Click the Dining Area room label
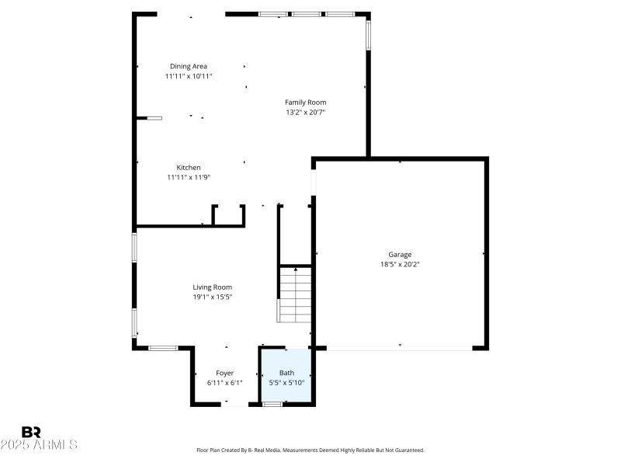189,66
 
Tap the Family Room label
305,102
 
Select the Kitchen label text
189,167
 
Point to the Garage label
400,254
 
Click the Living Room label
212,287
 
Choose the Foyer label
224,373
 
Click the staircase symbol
296,294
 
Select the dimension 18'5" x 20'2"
400,264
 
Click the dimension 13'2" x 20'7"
305,112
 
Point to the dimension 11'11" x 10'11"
189,76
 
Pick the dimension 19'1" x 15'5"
212,297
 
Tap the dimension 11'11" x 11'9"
189,177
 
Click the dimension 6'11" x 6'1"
224,382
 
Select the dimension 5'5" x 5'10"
286,382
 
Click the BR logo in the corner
31,432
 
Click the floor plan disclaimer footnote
310,450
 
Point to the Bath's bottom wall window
272,404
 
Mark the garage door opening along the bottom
400,348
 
